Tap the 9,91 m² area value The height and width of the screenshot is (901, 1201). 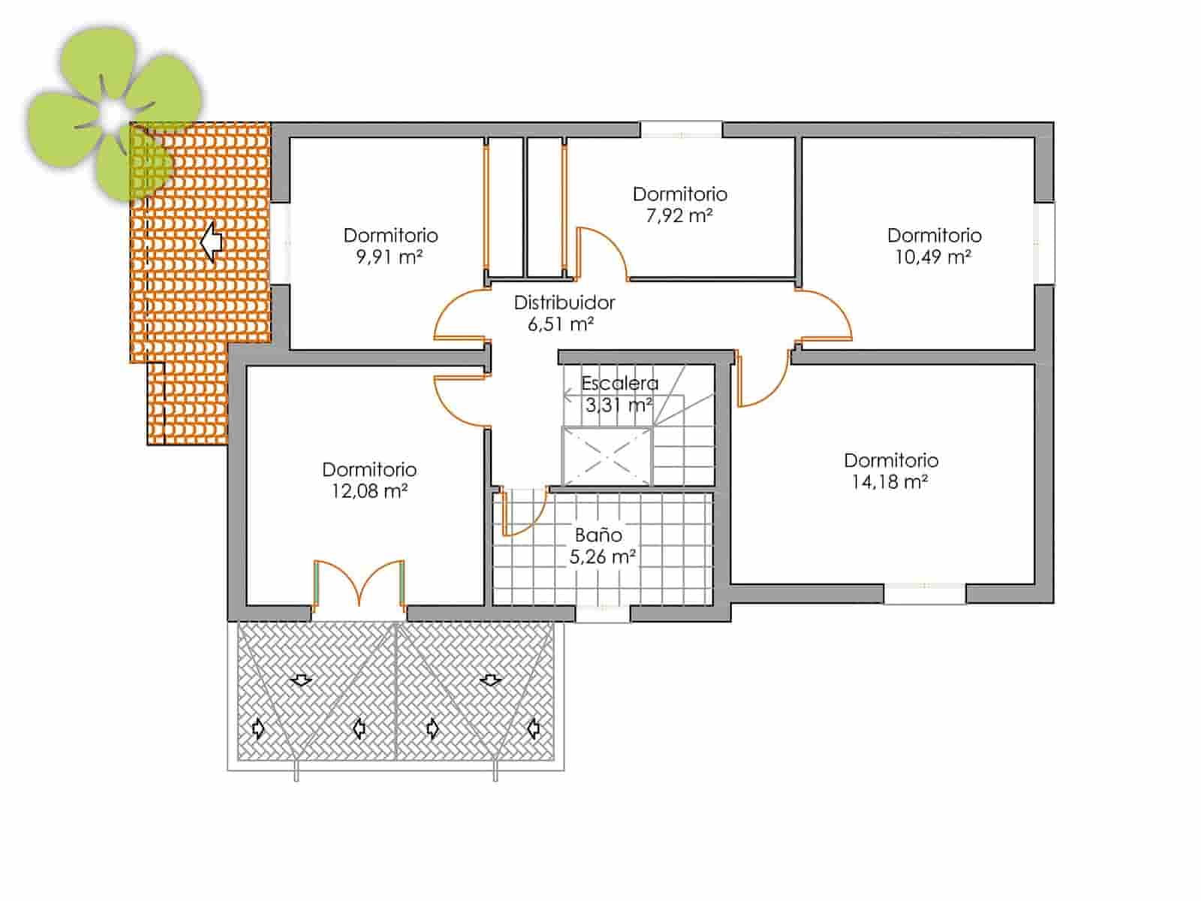click(x=390, y=258)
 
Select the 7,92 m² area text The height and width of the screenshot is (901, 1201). click(x=679, y=216)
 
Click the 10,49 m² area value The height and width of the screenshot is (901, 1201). click(x=933, y=258)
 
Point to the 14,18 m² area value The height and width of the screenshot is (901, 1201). click(x=889, y=482)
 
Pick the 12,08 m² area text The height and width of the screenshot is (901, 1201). click(x=369, y=491)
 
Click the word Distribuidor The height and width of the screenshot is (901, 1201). click(x=564, y=303)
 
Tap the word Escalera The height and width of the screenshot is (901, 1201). click(x=619, y=383)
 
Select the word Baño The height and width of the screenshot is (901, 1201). click(x=598, y=535)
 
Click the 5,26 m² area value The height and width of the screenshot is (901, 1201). click(x=603, y=557)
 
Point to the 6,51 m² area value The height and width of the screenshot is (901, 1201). click(x=561, y=324)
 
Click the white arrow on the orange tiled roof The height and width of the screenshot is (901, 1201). click(x=212, y=242)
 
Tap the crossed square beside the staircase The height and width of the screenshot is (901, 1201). click(x=607, y=456)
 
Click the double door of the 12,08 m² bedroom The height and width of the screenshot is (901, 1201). click(x=360, y=583)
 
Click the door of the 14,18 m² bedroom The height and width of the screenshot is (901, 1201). click(x=762, y=379)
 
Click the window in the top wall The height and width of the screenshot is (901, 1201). click(x=681, y=130)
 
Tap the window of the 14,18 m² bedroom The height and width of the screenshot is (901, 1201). click(x=924, y=593)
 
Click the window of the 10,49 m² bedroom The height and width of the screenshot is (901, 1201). click(x=1045, y=243)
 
